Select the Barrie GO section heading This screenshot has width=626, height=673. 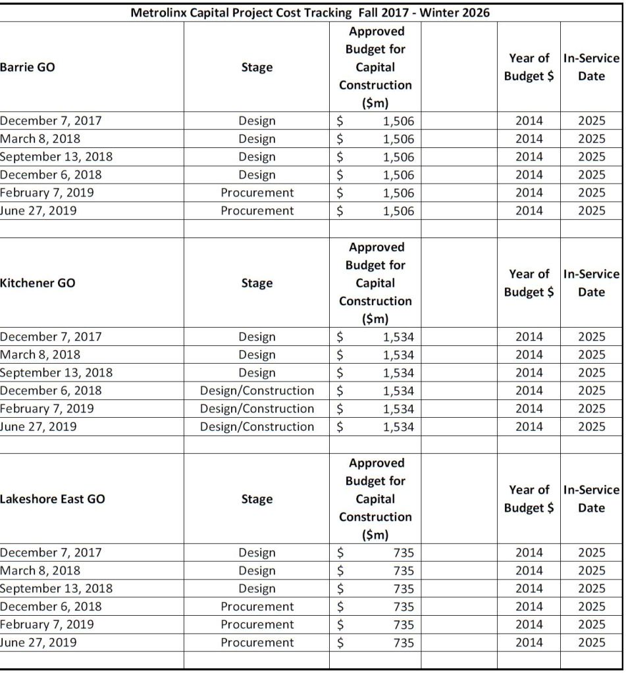tap(27, 67)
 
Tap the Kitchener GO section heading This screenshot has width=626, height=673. tap(38, 283)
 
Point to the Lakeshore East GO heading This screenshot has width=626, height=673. tap(52, 499)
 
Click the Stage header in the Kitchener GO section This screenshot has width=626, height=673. tap(257, 283)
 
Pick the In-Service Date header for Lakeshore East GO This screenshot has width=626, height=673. tap(591, 499)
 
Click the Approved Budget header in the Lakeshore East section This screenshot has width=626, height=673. tap(375, 499)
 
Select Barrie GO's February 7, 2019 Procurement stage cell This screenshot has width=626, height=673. tap(257, 193)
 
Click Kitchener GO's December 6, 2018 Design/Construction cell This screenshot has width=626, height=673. tap(257, 391)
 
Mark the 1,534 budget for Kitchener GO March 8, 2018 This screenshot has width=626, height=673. tap(398, 355)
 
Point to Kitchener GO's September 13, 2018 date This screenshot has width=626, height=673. tap(56, 373)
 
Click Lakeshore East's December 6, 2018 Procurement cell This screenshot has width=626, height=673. tap(257, 607)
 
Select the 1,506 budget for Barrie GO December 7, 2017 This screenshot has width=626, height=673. tap(398, 121)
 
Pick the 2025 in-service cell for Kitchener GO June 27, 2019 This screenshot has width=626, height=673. tap(591, 426)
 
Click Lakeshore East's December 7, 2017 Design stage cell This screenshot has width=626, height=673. tap(257, 553)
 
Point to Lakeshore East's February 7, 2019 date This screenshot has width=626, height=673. tap(47, 624)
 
